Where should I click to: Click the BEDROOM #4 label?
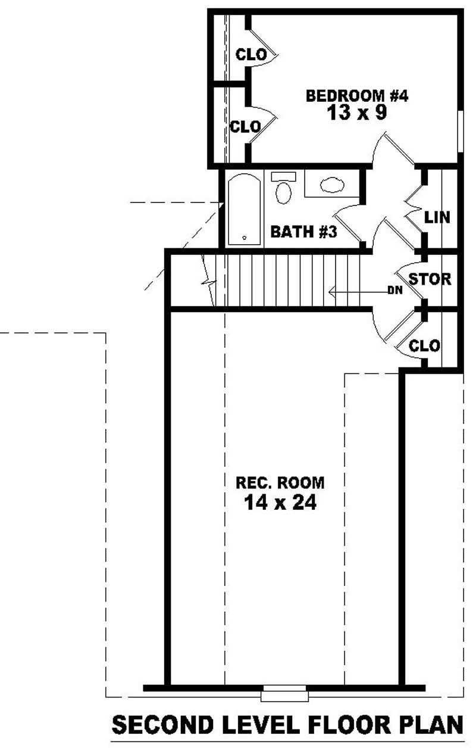point(356,95)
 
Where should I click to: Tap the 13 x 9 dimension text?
point(356,113)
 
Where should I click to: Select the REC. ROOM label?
point(281,481)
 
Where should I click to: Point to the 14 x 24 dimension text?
point(280,503)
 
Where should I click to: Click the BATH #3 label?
point(303,232)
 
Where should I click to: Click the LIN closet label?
point(437,217)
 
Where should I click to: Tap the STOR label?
point(430,279)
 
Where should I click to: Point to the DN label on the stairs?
point(393,291)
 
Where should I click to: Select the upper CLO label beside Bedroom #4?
point(250,55)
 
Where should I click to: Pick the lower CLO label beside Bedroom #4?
point(245,127)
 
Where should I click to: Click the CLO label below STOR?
point(425,345)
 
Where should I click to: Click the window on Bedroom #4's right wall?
point(461,132)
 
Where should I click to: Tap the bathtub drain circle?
point(245,238)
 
